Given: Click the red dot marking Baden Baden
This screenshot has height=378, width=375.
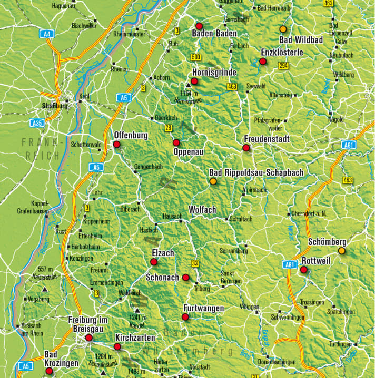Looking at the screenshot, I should tap(199, 26).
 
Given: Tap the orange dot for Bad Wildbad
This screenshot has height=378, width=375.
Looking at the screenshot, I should tap(283, 29).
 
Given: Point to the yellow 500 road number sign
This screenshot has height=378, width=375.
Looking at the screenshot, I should tap(196, 57).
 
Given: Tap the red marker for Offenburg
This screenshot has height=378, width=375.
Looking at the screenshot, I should tap(116, 144).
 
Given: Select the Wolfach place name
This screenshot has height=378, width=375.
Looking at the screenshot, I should tap(202, 210).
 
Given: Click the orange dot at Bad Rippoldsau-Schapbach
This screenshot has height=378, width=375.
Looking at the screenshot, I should tap(213, 181).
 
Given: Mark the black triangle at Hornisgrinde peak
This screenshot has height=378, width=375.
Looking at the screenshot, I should tap(187, 84).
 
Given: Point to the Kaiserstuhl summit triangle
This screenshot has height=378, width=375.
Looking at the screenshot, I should tap(45, 289).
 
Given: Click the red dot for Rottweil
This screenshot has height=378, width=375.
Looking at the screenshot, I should tap(303, 270).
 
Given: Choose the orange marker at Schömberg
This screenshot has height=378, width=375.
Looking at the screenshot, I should tap(341, 251).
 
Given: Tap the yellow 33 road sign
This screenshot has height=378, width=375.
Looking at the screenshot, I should tap(195, 263).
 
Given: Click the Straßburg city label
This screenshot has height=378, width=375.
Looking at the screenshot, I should tap(55, 106).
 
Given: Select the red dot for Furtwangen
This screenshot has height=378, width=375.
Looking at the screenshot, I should tap(185, 316).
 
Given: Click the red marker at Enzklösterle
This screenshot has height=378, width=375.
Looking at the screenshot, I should tap(262, 62).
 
